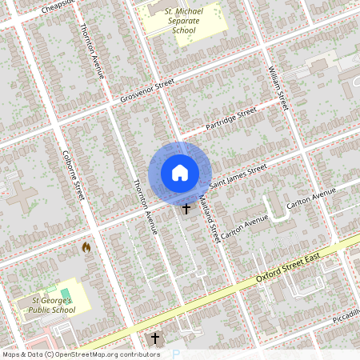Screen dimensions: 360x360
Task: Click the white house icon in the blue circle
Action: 180,173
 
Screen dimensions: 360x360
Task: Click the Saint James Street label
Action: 238,177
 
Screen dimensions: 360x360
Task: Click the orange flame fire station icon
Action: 86,248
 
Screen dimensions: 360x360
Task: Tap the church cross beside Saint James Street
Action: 186,209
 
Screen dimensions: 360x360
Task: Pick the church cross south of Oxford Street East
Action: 155,338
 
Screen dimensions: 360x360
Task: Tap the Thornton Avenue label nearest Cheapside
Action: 91,50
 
